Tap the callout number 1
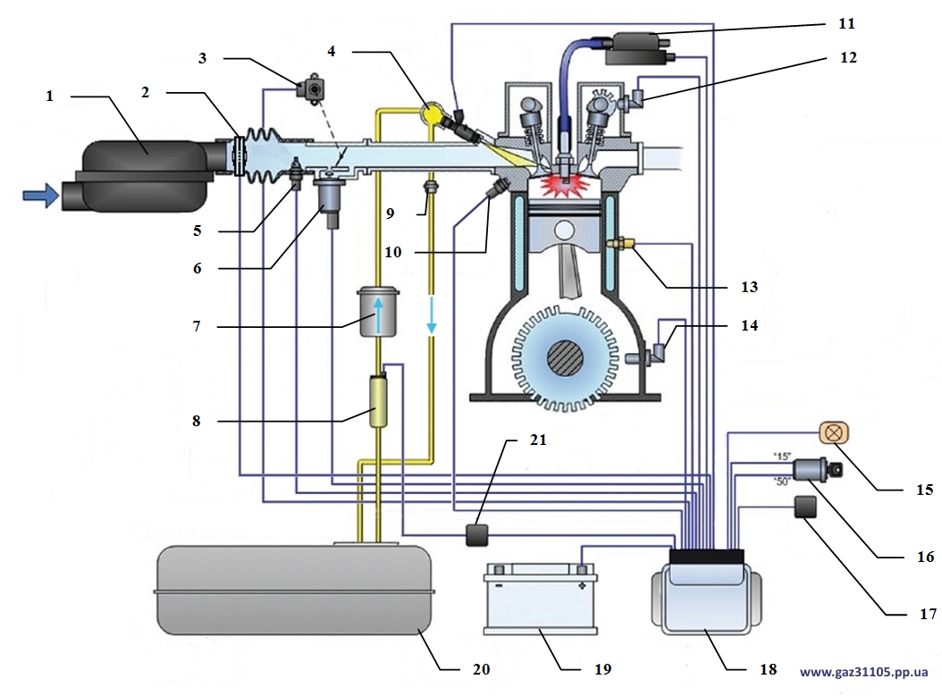coord(51,96)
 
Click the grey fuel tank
coord(293,590)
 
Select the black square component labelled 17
coord(807,508)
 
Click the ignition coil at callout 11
coord(636,46)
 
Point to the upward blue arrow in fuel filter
coord(378,314)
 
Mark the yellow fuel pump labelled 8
coord(377,403)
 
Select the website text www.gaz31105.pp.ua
coord(863,671)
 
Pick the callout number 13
coord(749,287)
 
